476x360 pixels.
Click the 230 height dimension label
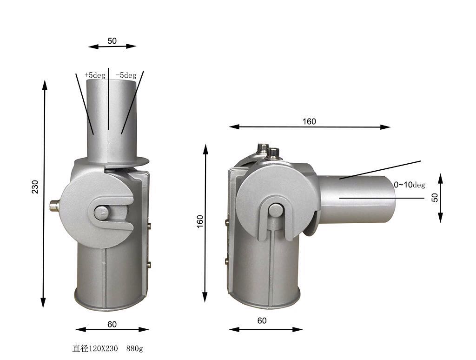tap(35, 187)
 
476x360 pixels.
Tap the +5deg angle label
tap(95, 75)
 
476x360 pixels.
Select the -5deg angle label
tap(126, 75)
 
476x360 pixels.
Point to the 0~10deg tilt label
tap(410, 185)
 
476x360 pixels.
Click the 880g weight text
tap(134, 348)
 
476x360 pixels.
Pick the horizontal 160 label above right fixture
tap(309, 121)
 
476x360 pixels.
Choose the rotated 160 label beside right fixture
tap(200, 221)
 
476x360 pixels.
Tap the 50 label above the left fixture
tap(112, 41)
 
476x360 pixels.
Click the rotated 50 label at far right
tap(435, 198)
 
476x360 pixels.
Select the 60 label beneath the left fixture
tap(112, 325)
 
